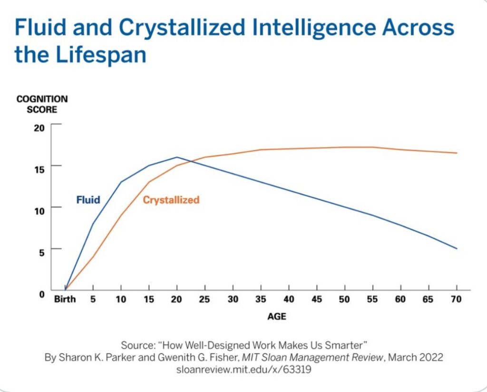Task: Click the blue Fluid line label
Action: pos(88,200)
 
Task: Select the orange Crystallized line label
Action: pos(171,200)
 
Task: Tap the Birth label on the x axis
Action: pos(65,299)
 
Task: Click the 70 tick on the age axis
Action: pos(457,299)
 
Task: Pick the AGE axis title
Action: pos(276,316)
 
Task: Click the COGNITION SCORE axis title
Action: pos(42,104)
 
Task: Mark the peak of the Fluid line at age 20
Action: pos(177,157)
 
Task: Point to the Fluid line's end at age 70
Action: pos(457,248)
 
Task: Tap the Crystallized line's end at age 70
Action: pos(457,153)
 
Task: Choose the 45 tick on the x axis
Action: pos(317,299)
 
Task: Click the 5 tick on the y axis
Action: pos(41,252)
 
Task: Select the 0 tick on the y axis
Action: pos(41,294)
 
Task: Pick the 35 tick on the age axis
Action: pos(261,299)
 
